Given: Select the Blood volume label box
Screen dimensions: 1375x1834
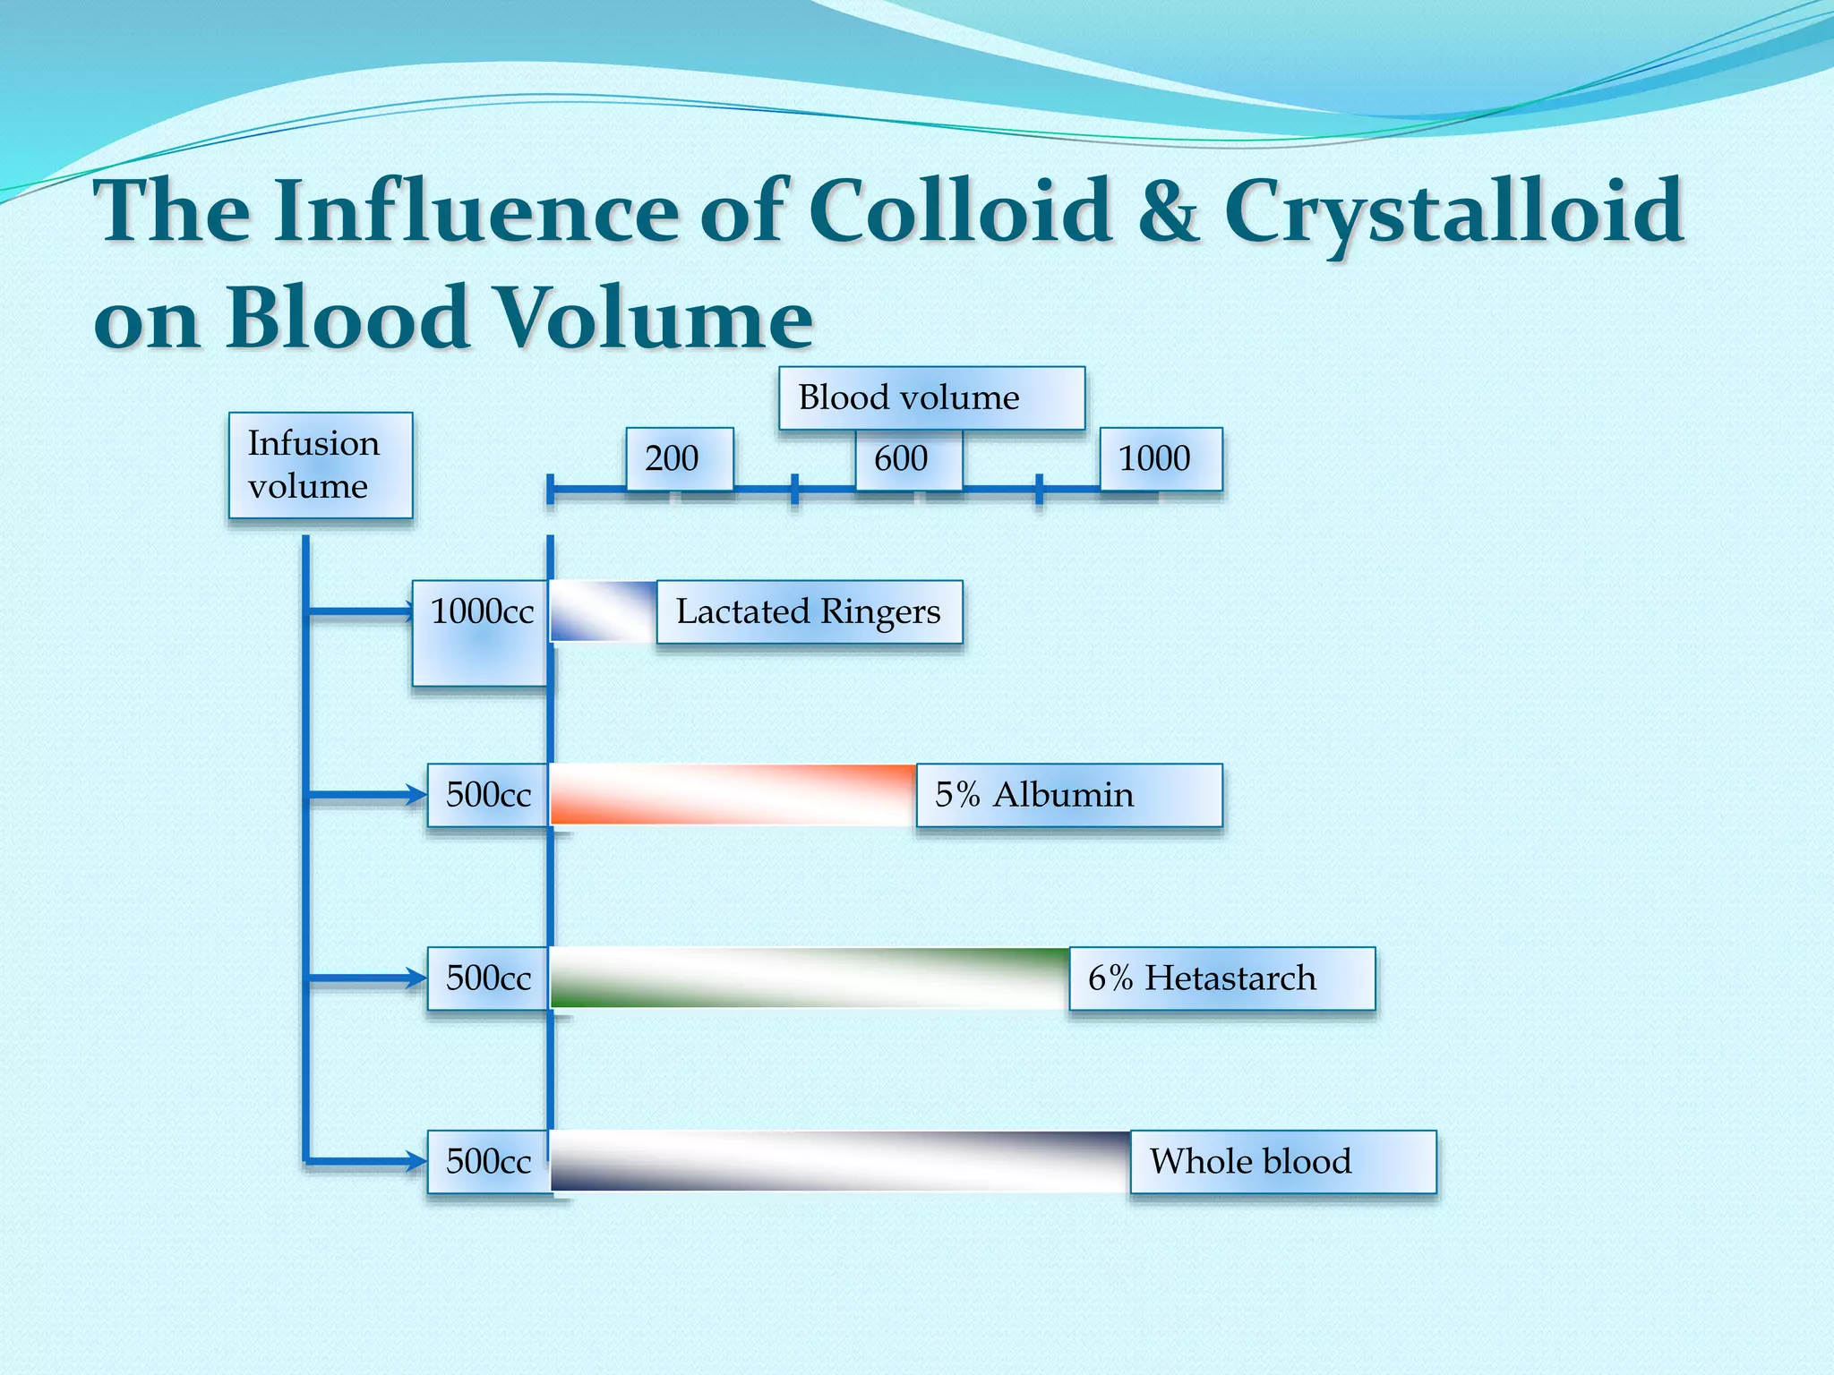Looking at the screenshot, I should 931,397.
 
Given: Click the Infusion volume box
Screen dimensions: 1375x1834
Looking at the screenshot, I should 321,465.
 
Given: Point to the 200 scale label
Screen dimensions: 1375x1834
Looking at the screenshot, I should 679,458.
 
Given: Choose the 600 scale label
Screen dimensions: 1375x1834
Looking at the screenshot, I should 908,458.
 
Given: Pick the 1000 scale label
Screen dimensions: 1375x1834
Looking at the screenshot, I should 1160,458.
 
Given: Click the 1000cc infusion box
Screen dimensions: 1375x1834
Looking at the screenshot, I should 481,632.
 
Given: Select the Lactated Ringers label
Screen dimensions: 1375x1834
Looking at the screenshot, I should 809,611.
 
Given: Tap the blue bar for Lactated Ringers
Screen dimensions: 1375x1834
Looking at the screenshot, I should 603,611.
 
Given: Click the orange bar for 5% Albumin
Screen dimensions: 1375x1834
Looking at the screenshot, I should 733,794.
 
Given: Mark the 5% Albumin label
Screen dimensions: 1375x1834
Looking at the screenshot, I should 1068,795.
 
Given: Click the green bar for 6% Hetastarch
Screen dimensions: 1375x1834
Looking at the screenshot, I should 809,978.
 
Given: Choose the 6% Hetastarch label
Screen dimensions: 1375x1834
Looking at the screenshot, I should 1221,978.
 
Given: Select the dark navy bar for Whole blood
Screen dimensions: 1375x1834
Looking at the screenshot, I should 839,1161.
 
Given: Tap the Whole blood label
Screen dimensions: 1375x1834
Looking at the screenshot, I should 1282,1161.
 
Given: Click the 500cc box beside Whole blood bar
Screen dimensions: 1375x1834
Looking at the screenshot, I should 488,1161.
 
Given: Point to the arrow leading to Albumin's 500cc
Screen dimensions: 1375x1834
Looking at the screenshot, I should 367,795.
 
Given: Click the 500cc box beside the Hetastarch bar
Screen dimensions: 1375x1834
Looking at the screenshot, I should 488,978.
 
